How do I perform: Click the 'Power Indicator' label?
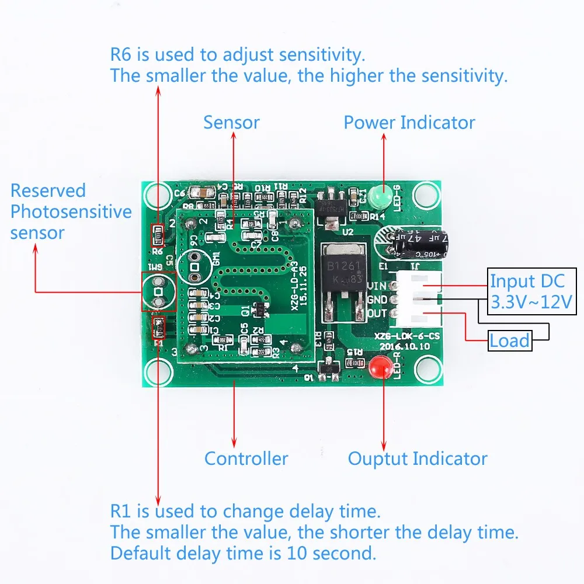[x=409, y=123]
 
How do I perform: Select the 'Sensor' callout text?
[x=231, y=123]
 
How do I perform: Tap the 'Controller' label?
[x=246, y=458]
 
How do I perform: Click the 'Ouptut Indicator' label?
[x=418, y=458]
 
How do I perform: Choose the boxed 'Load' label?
[x=510, y=340]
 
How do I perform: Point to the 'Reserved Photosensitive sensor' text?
[x=70, y=211]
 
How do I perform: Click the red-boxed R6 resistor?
[x=158, y=235]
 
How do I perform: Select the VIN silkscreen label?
[x=378, y=286]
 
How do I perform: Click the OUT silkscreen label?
[x=378, y=314]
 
